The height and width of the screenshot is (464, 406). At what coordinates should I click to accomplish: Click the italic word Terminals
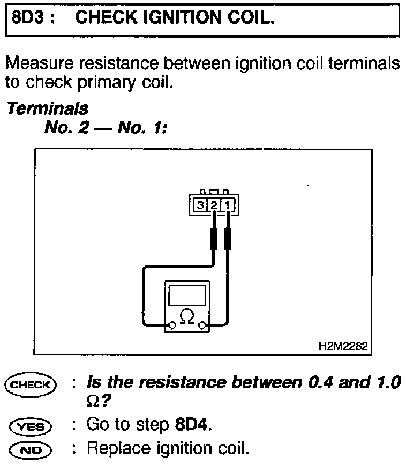pyautogui.click(x=47, y=108)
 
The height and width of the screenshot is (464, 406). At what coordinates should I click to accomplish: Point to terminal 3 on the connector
pyautogui.click(x=200, y=205)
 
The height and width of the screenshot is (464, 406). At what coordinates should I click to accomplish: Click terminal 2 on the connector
pyautogui.click(x=213, y=205)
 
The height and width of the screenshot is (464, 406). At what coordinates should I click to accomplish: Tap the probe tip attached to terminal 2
pyautogui.click(x=213, y=238)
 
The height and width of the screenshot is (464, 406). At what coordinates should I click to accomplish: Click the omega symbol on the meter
pyautogui.click(x=186, y=316)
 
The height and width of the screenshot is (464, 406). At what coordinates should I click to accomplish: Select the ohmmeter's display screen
pyautogui.click(x=186, y=295)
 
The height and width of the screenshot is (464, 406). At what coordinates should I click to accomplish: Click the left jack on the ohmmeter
pyautogui.click(x=171, y=327)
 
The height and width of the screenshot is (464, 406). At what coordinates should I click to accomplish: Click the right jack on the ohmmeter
pyautogui.click(x=202, y=327)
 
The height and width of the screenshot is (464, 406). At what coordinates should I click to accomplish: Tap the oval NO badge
pyautogui.click(x=30, y=450)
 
